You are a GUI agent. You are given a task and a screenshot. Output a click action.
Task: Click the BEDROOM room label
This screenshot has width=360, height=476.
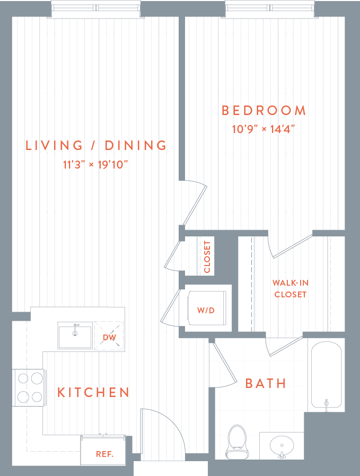pos(264,111)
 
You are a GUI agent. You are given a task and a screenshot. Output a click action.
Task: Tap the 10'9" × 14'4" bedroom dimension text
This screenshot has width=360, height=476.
pos(264,128)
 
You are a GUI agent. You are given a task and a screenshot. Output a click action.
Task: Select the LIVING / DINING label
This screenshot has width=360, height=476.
pos(96,145)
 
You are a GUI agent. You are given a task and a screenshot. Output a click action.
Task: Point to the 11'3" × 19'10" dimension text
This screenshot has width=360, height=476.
pos(96,164)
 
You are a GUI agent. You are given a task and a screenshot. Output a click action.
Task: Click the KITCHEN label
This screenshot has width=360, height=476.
pos(94,392)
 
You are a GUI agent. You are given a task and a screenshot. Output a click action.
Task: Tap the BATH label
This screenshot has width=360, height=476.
pos(266,383)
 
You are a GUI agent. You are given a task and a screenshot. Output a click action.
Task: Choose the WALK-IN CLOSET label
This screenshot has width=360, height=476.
pos(290,289)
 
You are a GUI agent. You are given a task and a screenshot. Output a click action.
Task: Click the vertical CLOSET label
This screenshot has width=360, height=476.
pos(207,257)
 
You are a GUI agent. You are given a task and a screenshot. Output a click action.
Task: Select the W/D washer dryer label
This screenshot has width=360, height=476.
pos(206,310)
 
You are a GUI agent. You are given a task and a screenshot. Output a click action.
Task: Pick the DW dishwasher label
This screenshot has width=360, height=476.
pos(109,337)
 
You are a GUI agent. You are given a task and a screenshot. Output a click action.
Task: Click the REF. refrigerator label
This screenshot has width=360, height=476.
pos(103,454)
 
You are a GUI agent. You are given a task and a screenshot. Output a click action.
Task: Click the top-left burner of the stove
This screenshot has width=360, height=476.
pos(23,378)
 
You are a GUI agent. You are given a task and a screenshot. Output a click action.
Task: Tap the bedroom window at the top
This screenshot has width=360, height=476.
pos(270,8)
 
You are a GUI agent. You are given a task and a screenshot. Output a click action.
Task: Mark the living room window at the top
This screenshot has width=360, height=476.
pos(96,8)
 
